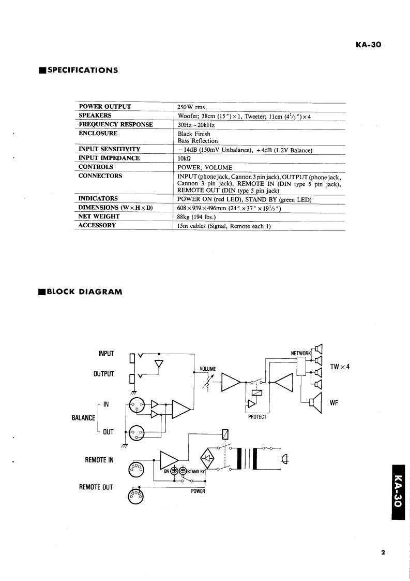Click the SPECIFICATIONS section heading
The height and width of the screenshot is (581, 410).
[x=82, y=70]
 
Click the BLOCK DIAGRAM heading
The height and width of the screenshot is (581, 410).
[x=84, y=292]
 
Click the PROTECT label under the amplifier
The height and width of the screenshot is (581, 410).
[x=257, y=417]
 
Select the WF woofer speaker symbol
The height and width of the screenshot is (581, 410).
[x=315, y=402]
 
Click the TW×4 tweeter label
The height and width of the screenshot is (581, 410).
[x=340, y=367]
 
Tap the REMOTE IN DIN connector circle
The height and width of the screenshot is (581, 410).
[x=136, y=468]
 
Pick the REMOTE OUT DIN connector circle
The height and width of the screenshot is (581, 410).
[x=136, y=496]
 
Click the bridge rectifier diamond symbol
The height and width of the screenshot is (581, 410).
[x=208, y=458]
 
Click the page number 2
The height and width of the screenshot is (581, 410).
[x=383, y=552]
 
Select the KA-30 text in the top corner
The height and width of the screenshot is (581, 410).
[x=369, y=45]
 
